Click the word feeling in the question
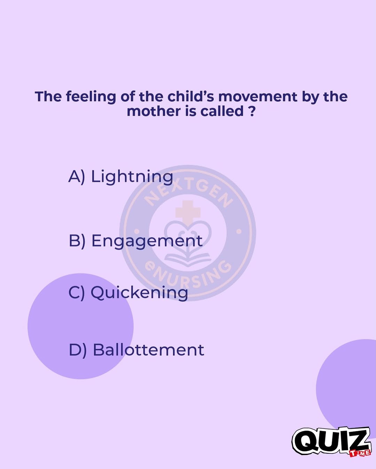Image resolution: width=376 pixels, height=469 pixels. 91,97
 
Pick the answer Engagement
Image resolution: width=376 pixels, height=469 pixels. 147,241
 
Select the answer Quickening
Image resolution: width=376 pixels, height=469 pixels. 139,293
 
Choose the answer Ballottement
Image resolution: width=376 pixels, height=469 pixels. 148,350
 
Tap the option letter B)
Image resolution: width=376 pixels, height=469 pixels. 77,241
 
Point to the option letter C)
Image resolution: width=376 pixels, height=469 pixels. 77,293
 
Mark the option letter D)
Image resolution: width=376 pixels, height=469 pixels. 78,350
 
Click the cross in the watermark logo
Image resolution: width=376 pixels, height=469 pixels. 188,212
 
